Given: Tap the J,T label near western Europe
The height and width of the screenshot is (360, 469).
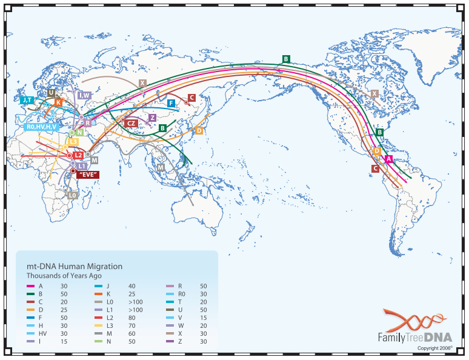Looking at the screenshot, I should pyautogui.click(x=27, y=101).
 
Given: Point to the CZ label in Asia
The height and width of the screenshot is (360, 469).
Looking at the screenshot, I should pyautogui.click(x=131, y=123).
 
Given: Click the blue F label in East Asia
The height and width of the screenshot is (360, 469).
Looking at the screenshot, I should pyautogui.click(x=171, y=103).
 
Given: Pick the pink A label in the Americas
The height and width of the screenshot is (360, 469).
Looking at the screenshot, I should pyautogui.click(x=389, y=159).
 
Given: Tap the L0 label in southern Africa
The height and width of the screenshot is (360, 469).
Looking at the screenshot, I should pyautogui.click(x=72, y=195).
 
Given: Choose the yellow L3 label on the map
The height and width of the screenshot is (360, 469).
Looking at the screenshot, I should pyautogui.click(x=73, y=142).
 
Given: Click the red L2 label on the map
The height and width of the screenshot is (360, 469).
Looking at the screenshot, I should pyautogui.click(x=78, y=156).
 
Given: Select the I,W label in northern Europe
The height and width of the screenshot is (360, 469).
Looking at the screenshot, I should pyautogui.click(x=84, y=95).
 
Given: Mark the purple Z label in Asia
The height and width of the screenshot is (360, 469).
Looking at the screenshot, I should pyautogui.click(x=153, y=118).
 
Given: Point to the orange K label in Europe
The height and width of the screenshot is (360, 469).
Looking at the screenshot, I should pyautogui.click(x=58, y=102).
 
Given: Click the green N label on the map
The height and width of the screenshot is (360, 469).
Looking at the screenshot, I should pyautogui.click(x=79, y=132).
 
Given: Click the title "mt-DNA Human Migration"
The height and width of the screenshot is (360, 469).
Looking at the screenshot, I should pyautogui.click(x=75, y=266).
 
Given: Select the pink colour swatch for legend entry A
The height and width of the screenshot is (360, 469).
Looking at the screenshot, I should pyautogui.click(x=30, y=286).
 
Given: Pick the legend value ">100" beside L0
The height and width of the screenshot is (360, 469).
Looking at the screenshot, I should pyautogui.click(x=135, y=301).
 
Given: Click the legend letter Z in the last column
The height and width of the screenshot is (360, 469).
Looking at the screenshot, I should pyautogui.click(x=179, y=341).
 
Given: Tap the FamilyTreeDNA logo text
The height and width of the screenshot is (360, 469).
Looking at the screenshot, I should pyautogui.click(x=414, y=337).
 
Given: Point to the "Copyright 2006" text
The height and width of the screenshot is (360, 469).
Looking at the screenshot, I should pyautogui.click(x=434, y=348).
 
